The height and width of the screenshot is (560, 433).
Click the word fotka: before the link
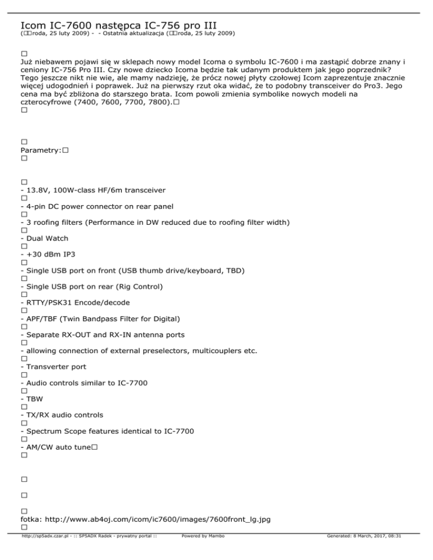[x=30, y=519]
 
